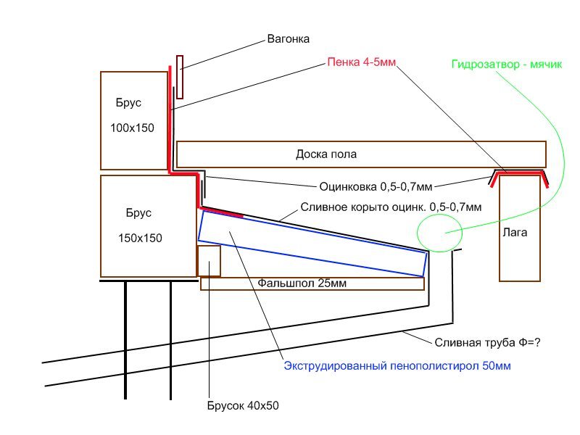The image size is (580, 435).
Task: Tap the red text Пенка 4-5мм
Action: point(360,63)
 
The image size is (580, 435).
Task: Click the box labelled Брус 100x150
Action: point(135,120)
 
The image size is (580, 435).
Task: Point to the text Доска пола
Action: point(326,154)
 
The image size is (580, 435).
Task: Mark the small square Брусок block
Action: point(209,261)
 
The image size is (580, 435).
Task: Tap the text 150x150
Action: point(140,238)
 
